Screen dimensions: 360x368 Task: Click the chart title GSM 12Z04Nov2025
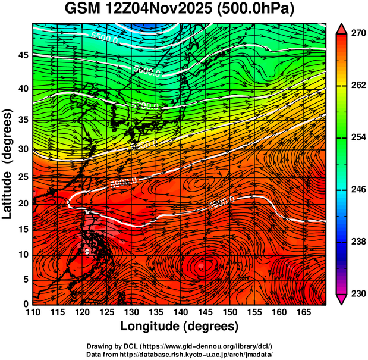pos(143,10)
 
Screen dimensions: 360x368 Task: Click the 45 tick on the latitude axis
pos(23,55)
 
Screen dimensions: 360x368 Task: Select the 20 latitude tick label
pos(23,204)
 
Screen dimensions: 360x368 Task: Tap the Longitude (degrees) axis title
pos(180,326)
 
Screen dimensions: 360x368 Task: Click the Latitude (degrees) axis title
pos(8,163)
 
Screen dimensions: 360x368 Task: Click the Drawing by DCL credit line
pos(180,346)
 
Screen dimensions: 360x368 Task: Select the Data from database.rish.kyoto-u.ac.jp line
pos(180,354)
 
